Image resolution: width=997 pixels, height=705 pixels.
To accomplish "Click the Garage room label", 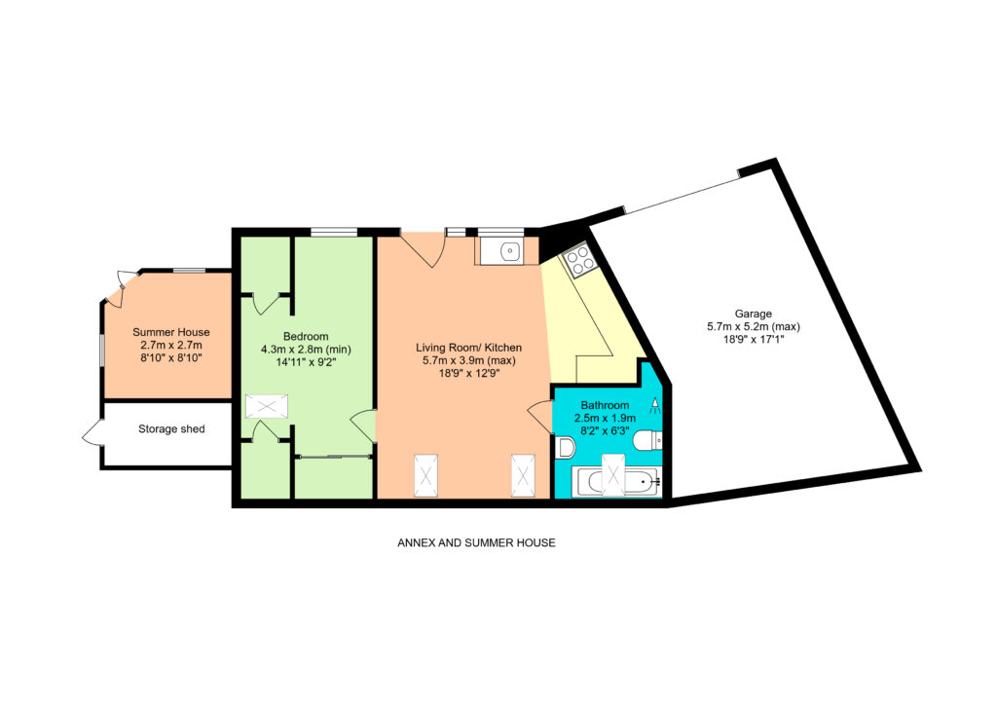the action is [753, 314].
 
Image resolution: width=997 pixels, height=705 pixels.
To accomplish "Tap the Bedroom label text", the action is [306, 336].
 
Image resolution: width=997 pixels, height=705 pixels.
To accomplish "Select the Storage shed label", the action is [171, 429].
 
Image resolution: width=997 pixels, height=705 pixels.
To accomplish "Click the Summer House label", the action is [171, 332].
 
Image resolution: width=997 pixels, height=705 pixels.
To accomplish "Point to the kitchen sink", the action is [510, 252].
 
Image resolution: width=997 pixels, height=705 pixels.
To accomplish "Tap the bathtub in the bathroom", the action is [615, 482].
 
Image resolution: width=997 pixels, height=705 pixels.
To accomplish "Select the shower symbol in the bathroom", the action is [655, 406].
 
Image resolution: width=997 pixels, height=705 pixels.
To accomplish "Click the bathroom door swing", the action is [540, 417].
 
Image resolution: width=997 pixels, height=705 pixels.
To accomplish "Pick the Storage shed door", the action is [92, 432].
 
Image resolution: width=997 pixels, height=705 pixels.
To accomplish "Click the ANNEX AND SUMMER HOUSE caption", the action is [476, 543].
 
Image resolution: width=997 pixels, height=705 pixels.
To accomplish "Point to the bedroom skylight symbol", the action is [267, 406].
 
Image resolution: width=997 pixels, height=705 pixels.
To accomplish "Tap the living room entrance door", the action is [423, 250].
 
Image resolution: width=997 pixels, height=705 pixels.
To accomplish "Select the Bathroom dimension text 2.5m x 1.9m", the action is [605, 419].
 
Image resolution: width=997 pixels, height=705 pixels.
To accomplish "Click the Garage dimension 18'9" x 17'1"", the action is [754, 340].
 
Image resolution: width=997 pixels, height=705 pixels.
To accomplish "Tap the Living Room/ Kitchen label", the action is [468, 348].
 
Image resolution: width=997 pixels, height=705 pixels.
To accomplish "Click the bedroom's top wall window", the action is [333, 232].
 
